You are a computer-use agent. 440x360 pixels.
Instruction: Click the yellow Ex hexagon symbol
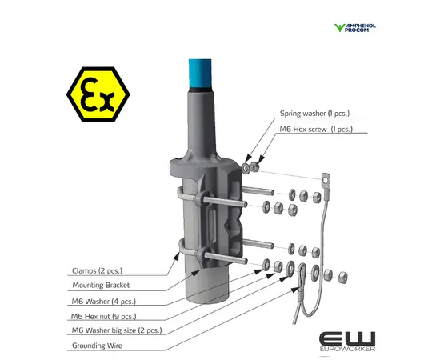pyautogui.click(x=98, y=94)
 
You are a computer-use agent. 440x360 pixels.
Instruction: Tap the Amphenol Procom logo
pyautogui.click(x=355, y=28)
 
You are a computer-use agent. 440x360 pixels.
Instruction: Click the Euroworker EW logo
pyautogui.click(x=347, y=342)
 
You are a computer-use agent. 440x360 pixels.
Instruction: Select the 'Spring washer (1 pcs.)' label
pyautogui.click(x=315, y=114)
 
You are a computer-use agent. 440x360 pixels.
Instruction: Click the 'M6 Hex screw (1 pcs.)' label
pyautogui.click(x=316, y=129)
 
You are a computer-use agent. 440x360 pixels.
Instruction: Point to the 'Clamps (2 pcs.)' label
pyautogui.click(x=97, y=270)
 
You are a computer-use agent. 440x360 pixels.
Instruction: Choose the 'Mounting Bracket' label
pyautogui.click(x=101, y=285)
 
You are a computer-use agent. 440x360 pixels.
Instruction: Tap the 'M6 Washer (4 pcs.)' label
pyautogui.click(x=104, y=302)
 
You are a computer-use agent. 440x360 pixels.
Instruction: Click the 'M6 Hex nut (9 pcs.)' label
pyautogui.click(x=104, y=317)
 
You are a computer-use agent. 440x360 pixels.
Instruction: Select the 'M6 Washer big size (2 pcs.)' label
pyautogui.click(x=117, y=330)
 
